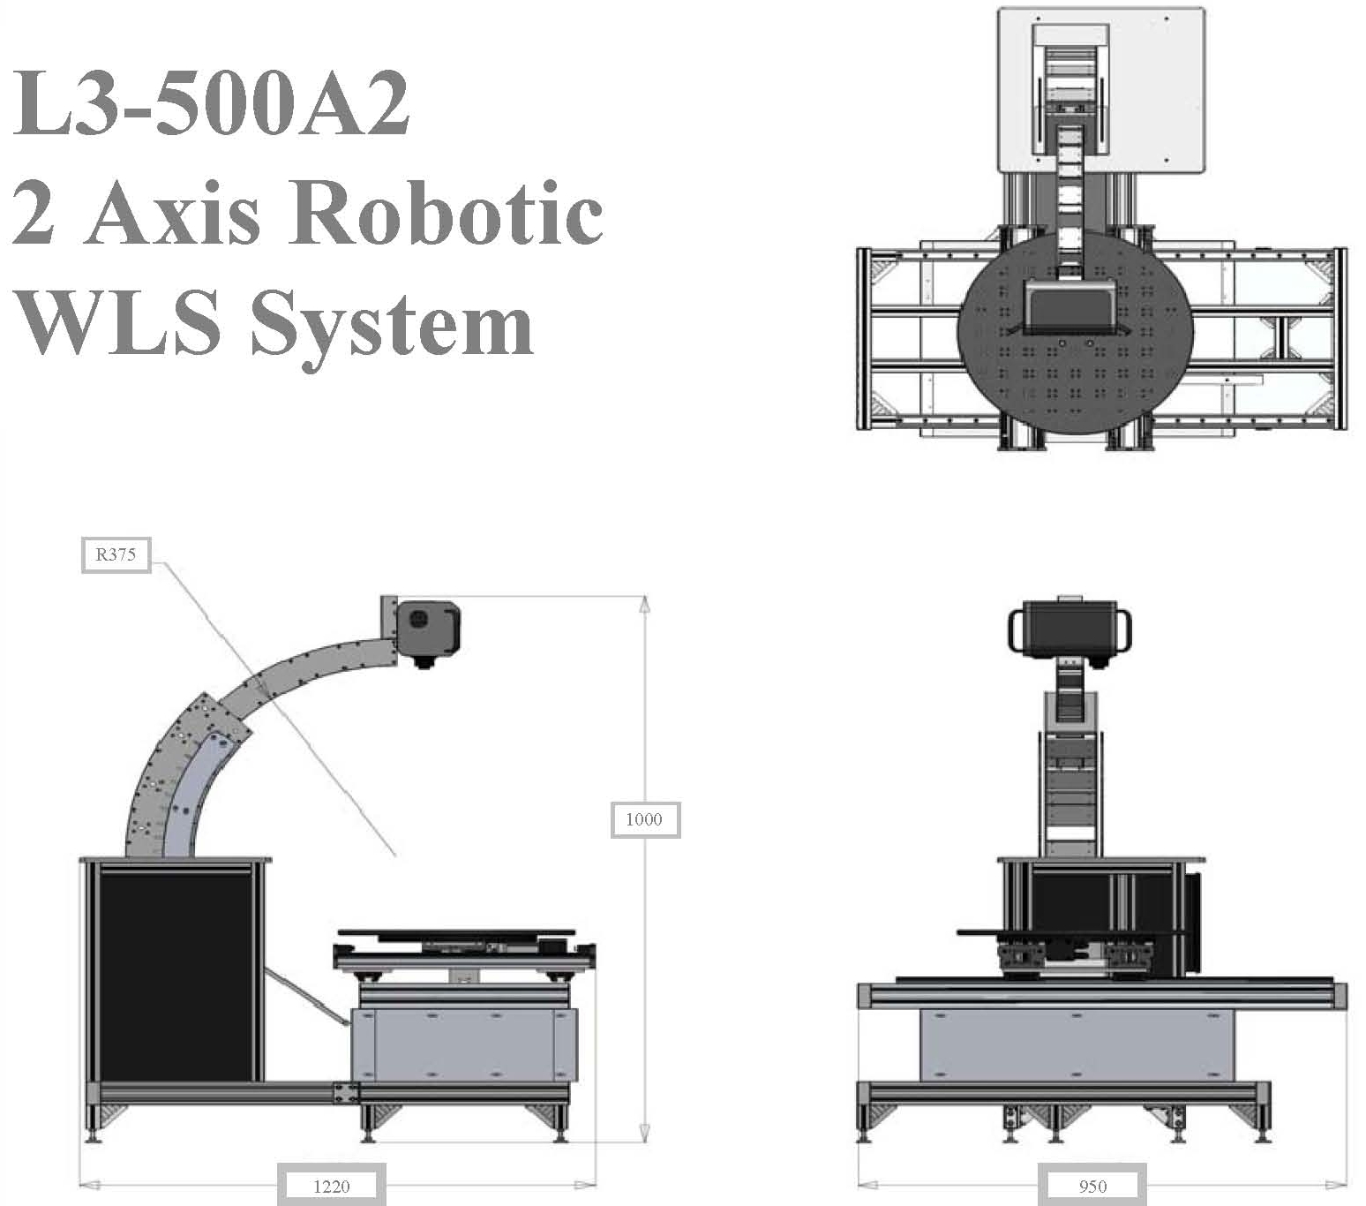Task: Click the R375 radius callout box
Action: [x=116, y=555]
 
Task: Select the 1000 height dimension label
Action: [x=644, y=819]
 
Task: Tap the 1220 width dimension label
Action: [x=332, y=1186]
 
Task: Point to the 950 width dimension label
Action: [x=1092, y=1186]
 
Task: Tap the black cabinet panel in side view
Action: [x=176, y=974]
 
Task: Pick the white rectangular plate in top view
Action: [x=1100, y=88]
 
